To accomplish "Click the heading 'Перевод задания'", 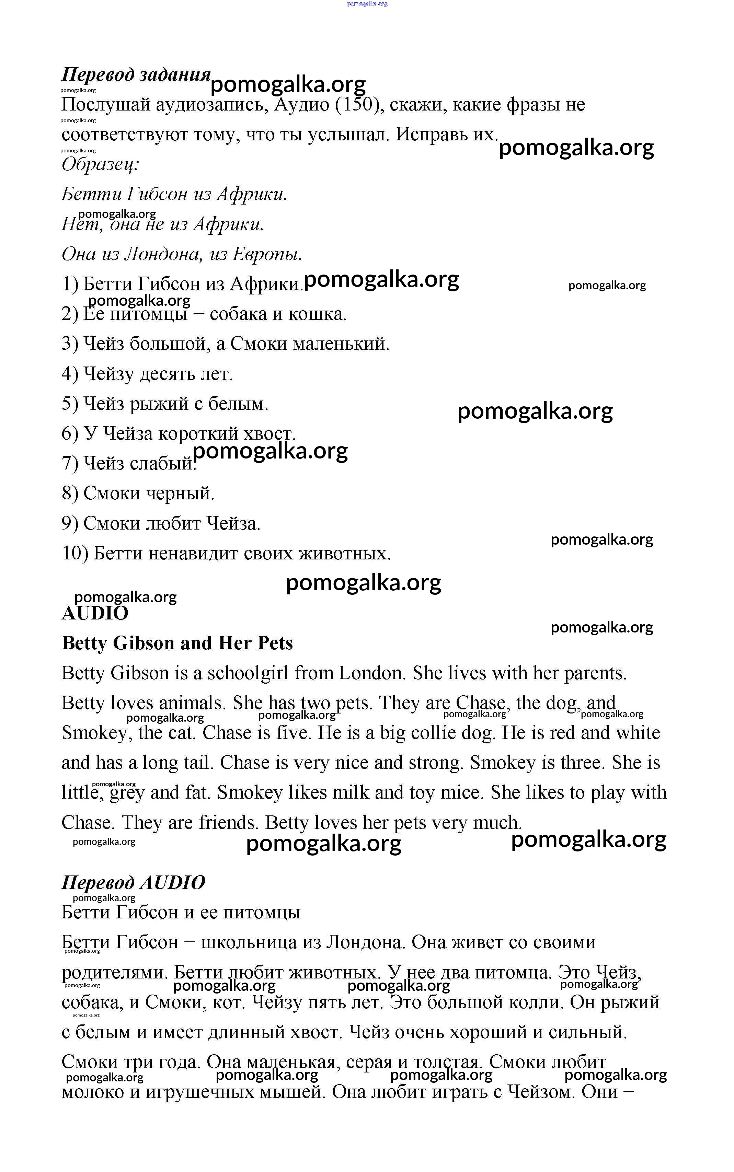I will (x=136, y=75).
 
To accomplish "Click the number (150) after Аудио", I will (x=357, y=105).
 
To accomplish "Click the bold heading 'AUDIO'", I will (x=95, y=613).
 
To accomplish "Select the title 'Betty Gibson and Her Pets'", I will (x=177, y=643).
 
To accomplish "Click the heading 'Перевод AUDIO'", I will (x=134, y=882).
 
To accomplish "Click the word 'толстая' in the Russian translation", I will (x=449, y=1062).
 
